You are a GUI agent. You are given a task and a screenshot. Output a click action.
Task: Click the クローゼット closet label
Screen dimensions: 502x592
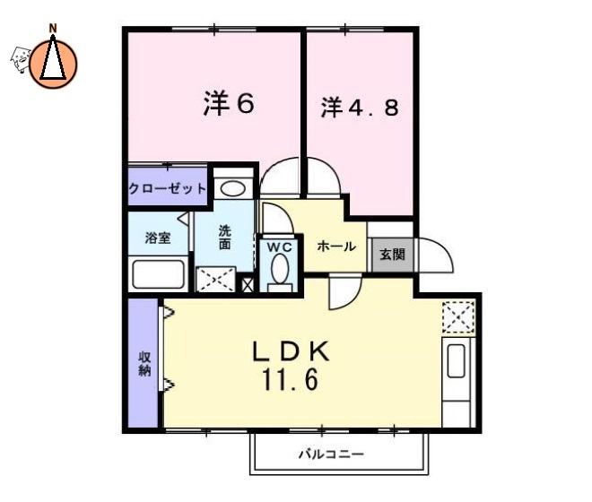coord(168,189)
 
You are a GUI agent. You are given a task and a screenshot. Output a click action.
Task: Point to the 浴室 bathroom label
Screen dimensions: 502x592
coord(158,238)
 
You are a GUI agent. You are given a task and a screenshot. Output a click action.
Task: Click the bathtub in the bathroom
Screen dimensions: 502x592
coord(158,273)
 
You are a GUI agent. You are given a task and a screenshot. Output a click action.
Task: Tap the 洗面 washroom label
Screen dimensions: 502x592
coord(225,237)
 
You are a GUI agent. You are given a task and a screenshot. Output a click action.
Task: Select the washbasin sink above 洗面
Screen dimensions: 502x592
coord(233,188)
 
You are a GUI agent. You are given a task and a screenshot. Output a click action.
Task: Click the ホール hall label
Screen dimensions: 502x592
coord(336,247)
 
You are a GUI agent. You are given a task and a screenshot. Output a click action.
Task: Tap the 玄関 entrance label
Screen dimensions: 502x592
coord(392,255)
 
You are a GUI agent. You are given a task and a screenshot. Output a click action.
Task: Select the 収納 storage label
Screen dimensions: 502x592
coord(144,363)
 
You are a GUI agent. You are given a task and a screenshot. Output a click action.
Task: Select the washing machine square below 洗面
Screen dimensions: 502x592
coord(217,279)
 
